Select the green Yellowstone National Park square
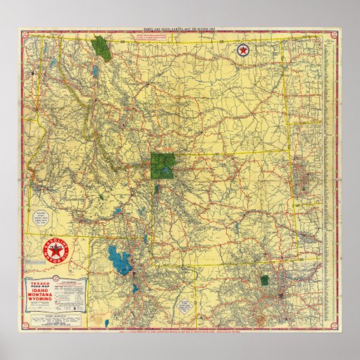tap(163, 165)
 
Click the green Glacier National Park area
tap(102, 48)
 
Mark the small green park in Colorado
tap(264, 280)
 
